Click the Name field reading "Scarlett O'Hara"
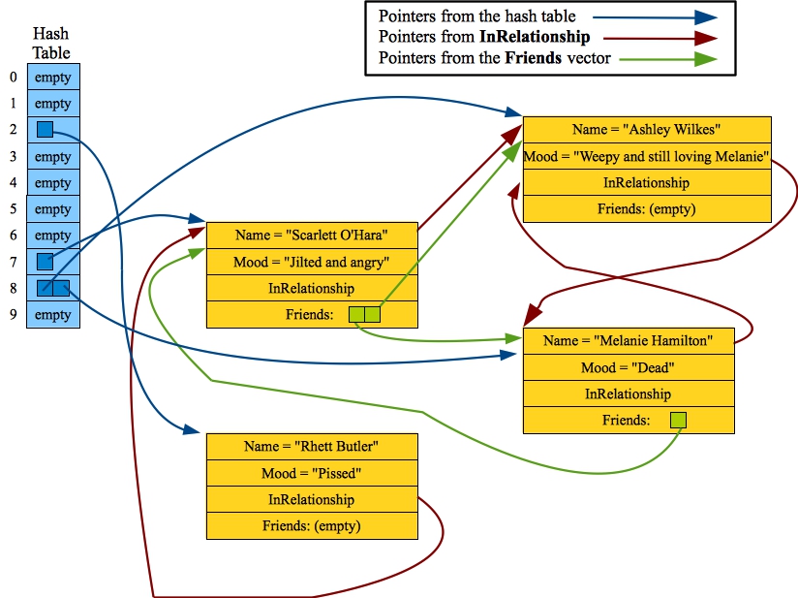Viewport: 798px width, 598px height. point(311,236)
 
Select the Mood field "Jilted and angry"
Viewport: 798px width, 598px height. point(311,262)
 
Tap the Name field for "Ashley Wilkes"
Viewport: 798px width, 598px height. point(646,129)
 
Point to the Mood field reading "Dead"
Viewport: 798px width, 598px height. point(628,367)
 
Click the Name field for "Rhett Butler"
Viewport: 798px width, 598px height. point(311,446)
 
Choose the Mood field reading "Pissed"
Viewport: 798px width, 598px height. point(311,473)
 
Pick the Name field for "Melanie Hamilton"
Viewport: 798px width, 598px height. point(628,340)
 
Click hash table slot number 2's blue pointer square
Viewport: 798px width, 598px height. point(45,129)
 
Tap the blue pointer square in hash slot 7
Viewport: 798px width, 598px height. point(45,261)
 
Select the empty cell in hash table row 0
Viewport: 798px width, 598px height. point(52,78)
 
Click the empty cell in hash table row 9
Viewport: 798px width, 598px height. point(52,315)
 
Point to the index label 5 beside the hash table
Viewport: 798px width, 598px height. point(13,208)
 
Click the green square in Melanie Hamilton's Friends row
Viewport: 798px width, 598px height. point(678,420)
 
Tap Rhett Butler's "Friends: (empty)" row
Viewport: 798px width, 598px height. point(311,525)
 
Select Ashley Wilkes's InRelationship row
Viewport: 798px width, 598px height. point(646,182)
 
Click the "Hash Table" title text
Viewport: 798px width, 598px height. point(51,44)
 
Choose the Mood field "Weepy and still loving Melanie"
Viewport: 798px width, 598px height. point(646,155)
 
